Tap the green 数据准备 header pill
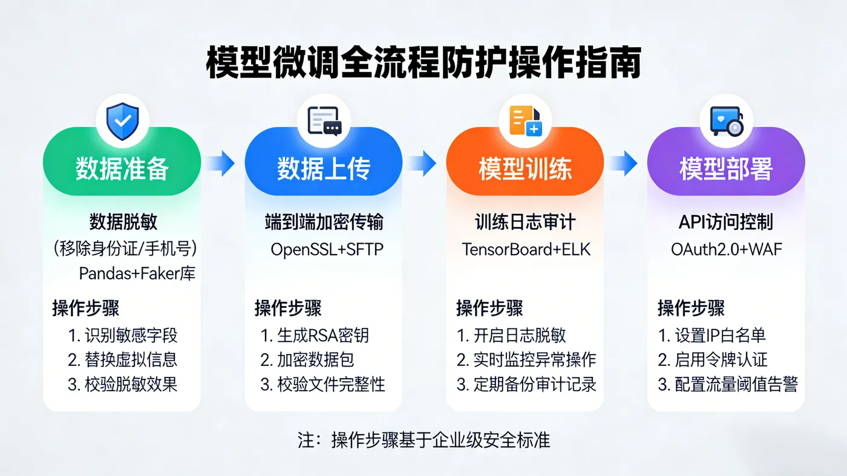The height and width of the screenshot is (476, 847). click(122, 169)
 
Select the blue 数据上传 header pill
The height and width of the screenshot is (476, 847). click(323, 169)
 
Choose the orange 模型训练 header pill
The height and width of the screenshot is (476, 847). click(525, 169)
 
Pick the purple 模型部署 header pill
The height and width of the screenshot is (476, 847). click(726, 169)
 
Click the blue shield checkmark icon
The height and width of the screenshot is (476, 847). click(122, 122)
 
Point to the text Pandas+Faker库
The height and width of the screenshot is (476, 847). click(137, 273)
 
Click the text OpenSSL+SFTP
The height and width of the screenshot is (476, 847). click(327, 249)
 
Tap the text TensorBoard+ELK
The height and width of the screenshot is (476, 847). click(526, 249)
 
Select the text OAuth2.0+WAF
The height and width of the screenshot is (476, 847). click(727, 249)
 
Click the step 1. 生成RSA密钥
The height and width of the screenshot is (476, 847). click(315, 335)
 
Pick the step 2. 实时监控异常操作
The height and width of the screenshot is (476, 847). click(526, 359)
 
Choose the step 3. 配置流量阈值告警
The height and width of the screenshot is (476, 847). click(728, 384)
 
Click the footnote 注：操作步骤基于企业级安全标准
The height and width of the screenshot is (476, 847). click(423, 440)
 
